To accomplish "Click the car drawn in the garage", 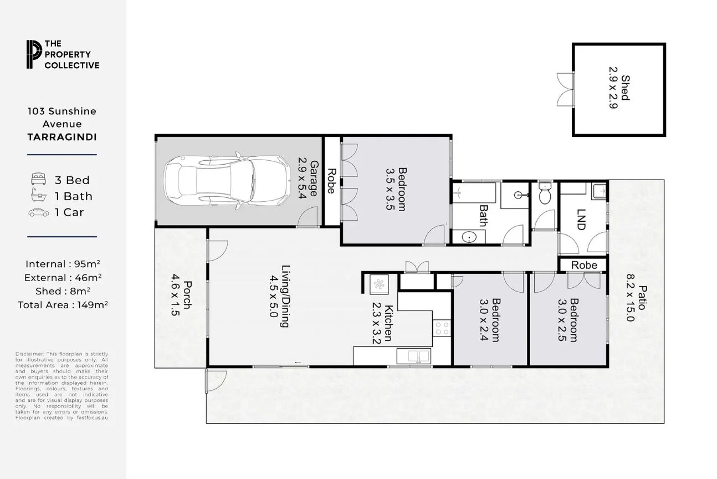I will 228,181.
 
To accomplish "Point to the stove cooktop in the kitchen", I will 442,328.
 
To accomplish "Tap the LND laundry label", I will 581,219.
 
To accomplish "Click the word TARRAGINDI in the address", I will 62,137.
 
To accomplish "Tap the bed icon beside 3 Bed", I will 38,179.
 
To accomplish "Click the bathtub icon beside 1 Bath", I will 38,195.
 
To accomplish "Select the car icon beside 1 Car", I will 38,212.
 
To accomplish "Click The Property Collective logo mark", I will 34,54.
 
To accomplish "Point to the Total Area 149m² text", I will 62,304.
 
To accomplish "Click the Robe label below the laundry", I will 584,265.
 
